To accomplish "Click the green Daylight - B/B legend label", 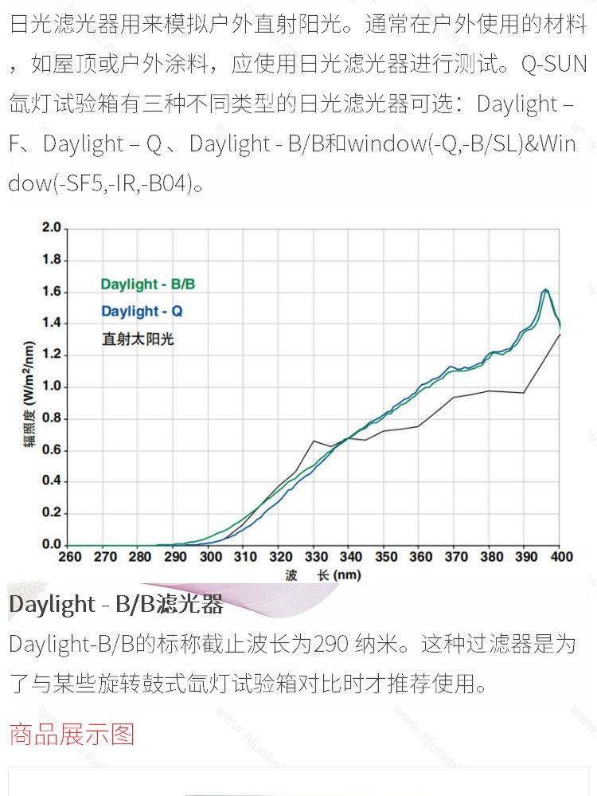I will point(147,284).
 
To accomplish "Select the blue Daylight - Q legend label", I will point(142,311).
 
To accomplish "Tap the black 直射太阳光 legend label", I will point(138,339).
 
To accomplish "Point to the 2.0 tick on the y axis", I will point(51,229).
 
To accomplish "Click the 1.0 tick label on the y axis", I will point(51,386).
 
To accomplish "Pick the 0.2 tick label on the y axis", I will point(51,513).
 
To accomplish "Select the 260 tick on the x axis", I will point(70,558).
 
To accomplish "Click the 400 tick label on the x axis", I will point(560,558).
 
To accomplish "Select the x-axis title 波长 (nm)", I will point(322,575).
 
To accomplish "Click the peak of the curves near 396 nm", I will point(546,290).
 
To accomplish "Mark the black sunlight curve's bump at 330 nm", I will point(314,441).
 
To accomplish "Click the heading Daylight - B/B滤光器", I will point(116,605).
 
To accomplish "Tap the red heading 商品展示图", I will point(72,733).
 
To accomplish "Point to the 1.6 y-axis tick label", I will point(51,292).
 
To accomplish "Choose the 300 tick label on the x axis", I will point(210,558).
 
